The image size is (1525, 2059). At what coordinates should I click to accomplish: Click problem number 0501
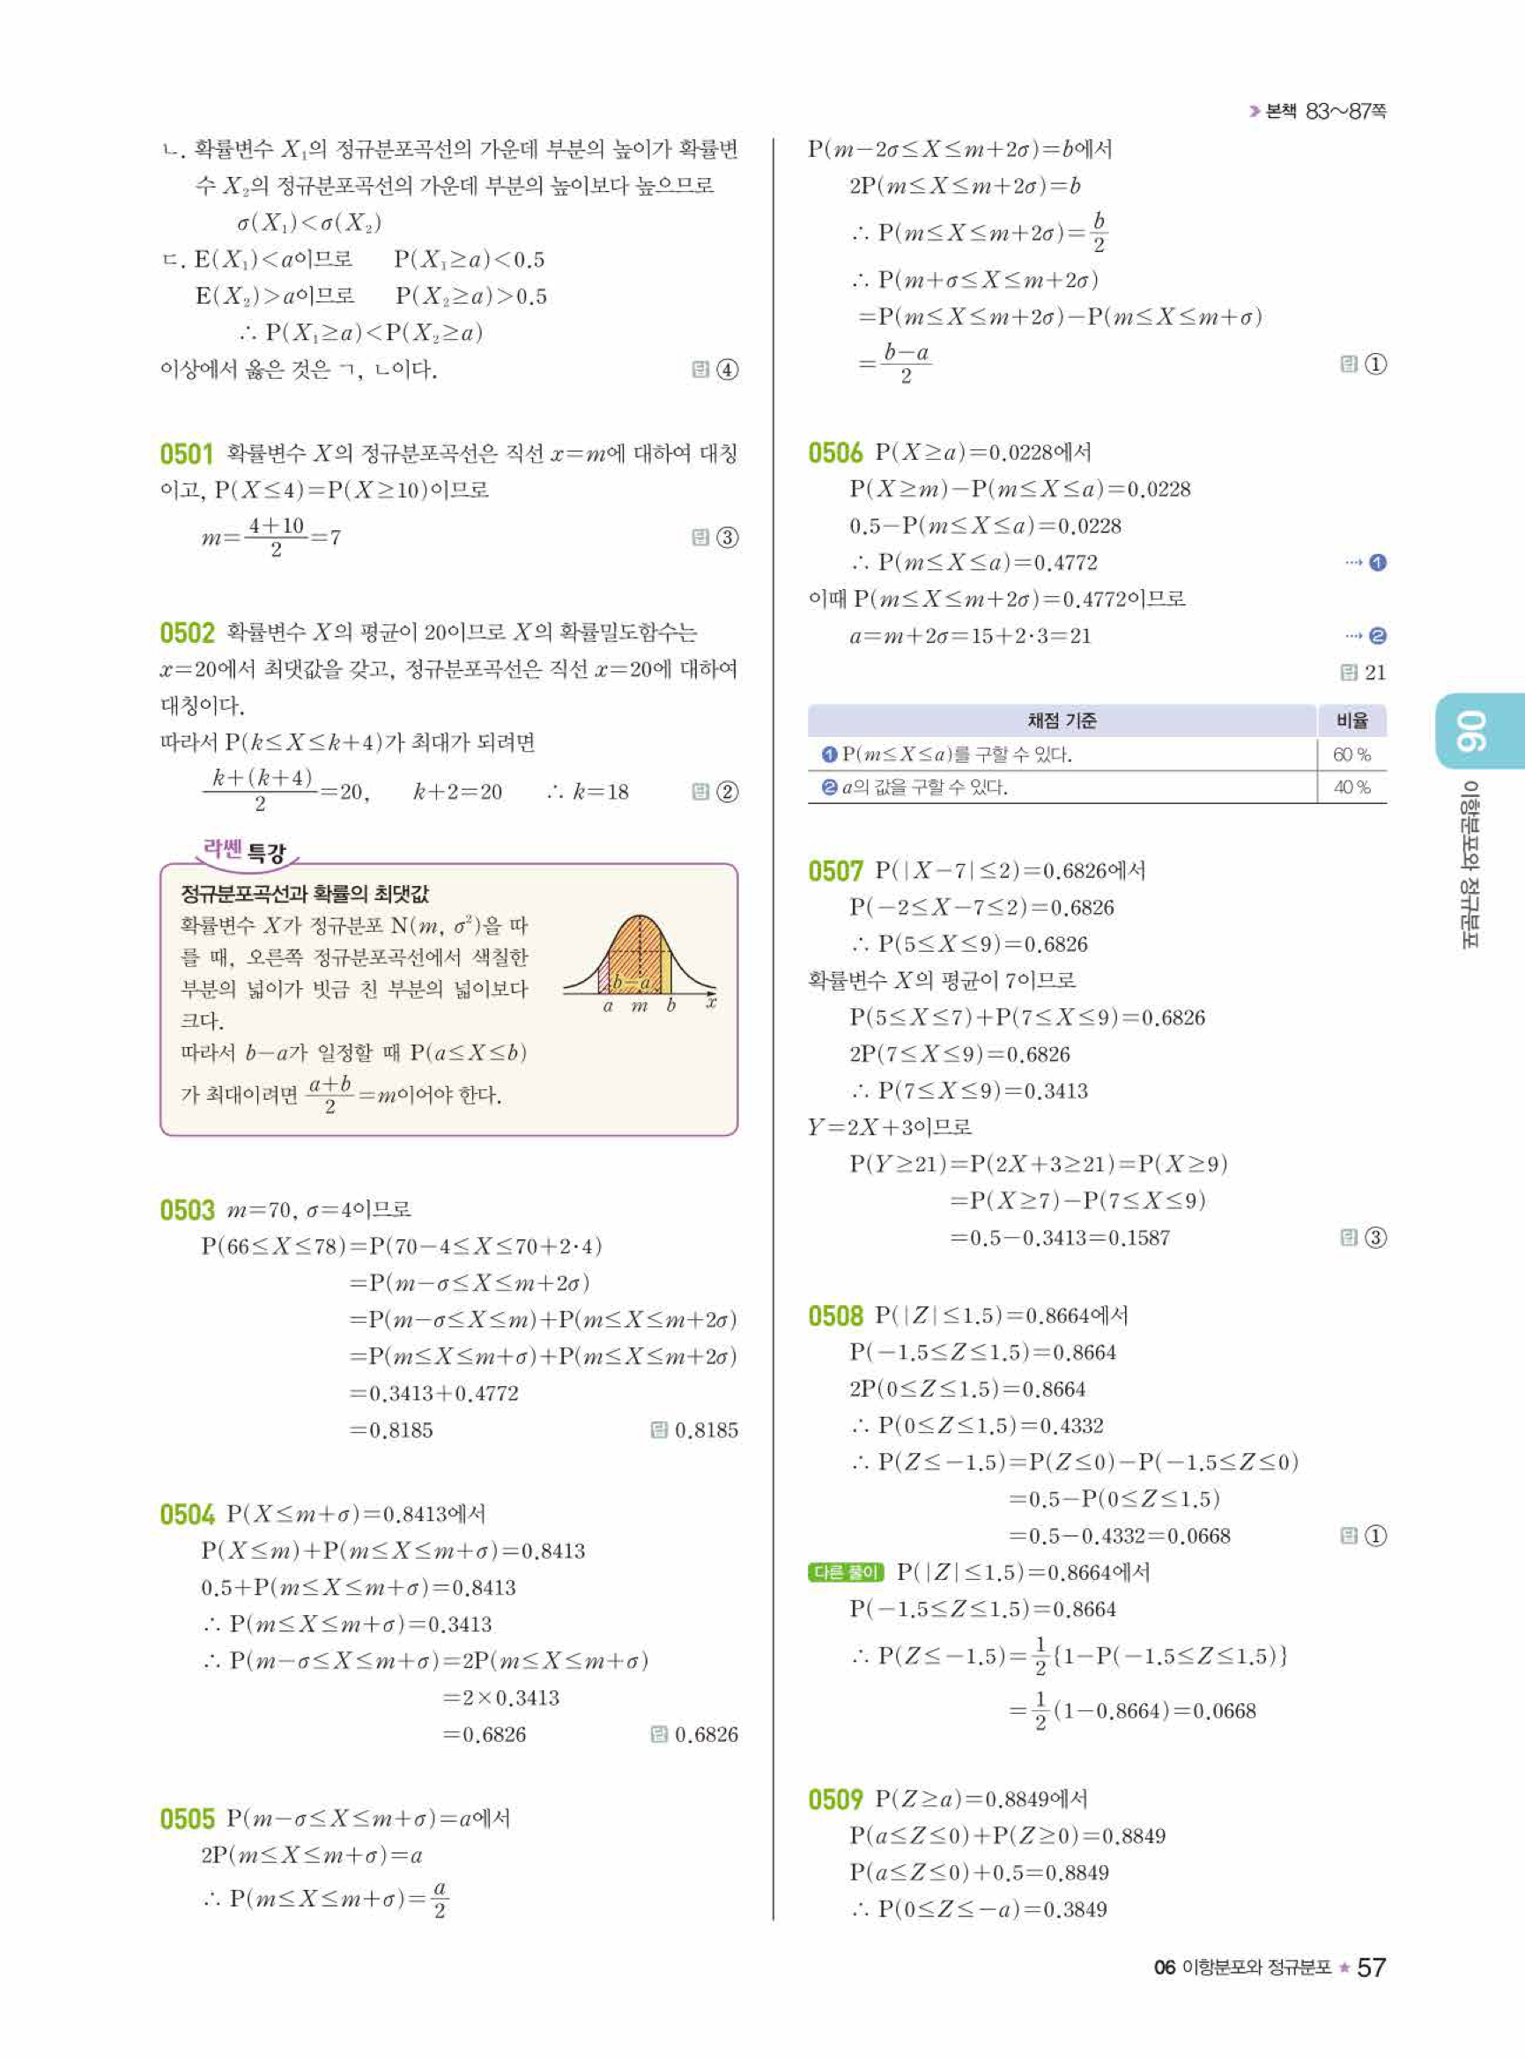pyautogui.click(x=187, y=454)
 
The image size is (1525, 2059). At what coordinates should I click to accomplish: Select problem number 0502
pyautogui.click(x=187, y=633)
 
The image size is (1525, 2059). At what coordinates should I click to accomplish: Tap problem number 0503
pyautogui.click(x=187, y=1210)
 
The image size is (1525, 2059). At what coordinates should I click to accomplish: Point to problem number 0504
pyautogui.click(x=187, y=1515)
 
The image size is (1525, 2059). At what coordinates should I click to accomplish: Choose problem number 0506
pyautogui.click(x=834, y=454)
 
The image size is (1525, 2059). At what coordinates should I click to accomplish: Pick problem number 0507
pyautogui.click(x=834, y=871)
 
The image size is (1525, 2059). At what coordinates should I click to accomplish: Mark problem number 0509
pyautogui.click(x=834, y=1800)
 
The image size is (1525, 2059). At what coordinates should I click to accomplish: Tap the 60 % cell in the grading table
pyautogui.click(x=1351, y=755)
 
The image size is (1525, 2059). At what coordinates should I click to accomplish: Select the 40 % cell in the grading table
pyautogui.click(x=1351, y=787)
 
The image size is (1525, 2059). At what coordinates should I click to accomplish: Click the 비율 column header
pyautogui.click(x=1351, y=720)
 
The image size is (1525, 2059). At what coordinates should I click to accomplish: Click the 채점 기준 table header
pyautogui.click(x=1062, y=720)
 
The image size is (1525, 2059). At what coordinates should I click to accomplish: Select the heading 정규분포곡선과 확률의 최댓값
pyautogui.click(x=305, y=893)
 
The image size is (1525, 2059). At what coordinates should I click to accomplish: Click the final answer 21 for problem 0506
pyautogui.click(x=1374, y=673)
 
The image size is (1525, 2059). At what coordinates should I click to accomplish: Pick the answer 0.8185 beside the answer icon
pyautogui.click(x=707, y=1430)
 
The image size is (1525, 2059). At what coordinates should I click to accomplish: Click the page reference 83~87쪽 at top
pyautogui.click(x=1346, y=112)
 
